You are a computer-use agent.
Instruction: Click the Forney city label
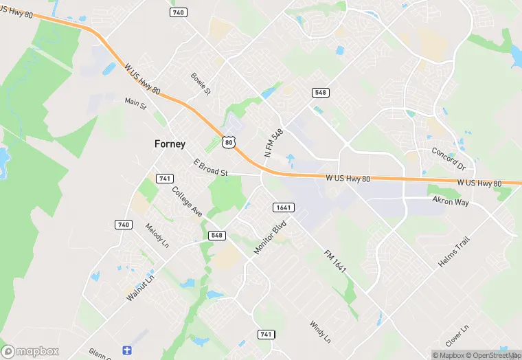tap(168, 144)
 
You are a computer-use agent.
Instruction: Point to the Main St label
tap(136, 104)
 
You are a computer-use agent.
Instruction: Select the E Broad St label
tap(210, 168)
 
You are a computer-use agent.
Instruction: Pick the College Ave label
tap(187, 202)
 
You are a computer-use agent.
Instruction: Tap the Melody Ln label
tap(156, 235)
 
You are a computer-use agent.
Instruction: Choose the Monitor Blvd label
tap(269, 238)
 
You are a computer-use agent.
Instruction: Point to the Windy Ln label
tap(320, 333)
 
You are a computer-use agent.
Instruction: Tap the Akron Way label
tap(451, 201)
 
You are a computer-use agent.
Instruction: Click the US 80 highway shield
tap(229, 142)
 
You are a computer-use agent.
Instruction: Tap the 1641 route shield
tap(281, 207)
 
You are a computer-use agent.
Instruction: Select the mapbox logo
tap(30, 351)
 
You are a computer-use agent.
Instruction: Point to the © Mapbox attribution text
tap(450, 355)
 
